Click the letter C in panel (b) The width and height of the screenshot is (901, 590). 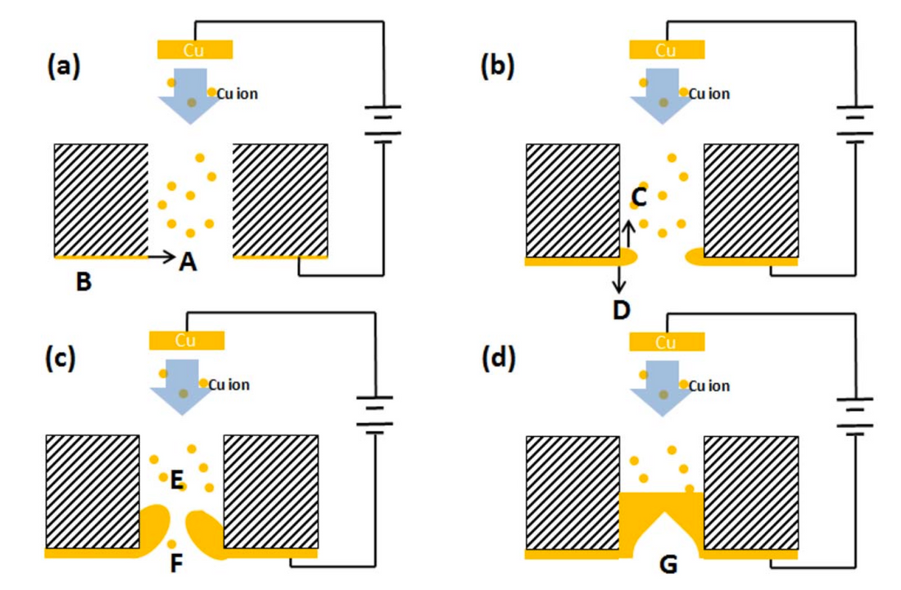click(x=640, y=197)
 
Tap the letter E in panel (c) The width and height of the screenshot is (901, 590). click(x=175, y=483)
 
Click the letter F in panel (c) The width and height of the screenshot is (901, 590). click(x=175, y=564)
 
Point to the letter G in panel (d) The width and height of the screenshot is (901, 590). click(x=668, y=565)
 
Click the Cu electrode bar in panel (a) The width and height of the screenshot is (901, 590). click(x=194, y=51)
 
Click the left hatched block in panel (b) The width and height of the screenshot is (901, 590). click(x=572, y=200)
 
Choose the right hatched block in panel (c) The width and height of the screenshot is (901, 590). click(x=270, y=491)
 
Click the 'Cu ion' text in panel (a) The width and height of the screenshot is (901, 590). click(x=238, y=94)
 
